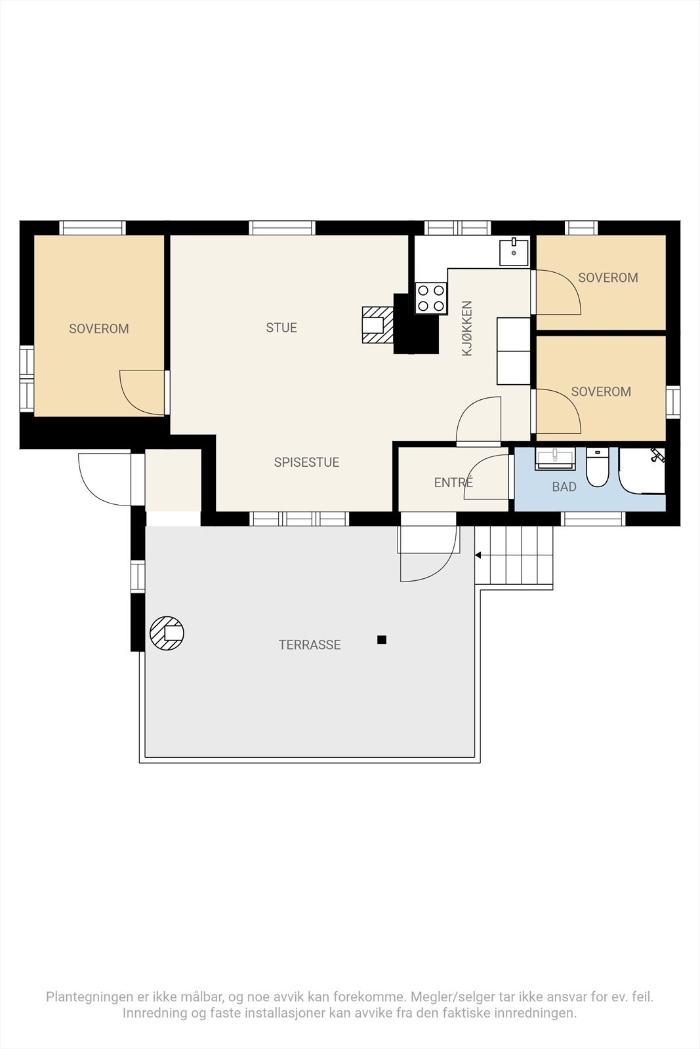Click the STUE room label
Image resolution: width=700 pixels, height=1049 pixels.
point(281,328)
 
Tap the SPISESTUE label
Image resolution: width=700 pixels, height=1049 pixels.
point(306,462)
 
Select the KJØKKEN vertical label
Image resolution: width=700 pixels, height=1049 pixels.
point(467,328)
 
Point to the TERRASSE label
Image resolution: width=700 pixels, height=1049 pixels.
point(310,645)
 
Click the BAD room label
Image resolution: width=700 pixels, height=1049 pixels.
point(564,487)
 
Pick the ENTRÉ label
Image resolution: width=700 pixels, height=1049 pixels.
point(453,482)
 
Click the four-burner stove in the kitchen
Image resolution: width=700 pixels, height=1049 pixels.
point(431,298)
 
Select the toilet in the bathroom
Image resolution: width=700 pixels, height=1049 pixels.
point(598,467)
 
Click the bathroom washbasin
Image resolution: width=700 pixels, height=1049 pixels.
point(555,458)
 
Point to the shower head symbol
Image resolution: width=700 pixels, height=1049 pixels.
point(657,455)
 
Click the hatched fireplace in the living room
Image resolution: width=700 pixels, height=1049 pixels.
point(377,325)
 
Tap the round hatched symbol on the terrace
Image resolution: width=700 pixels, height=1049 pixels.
point(167,633)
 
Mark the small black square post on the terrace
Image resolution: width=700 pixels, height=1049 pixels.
point(382,640)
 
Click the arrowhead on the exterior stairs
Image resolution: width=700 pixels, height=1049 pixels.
point(478,555)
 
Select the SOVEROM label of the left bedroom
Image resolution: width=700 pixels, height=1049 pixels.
point(99,328)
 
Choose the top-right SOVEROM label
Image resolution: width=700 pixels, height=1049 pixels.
point(608,278)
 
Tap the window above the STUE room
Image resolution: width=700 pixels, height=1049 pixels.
point(282,228)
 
